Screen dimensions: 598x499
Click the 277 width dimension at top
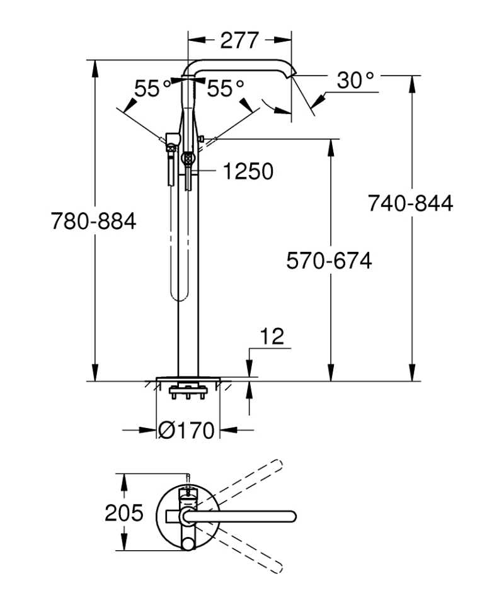(239, 40)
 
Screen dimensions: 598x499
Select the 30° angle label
(355, 81)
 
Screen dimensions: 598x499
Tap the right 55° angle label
(226, 89)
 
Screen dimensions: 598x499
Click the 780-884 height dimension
(93, 222)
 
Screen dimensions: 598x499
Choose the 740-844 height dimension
(410, 203)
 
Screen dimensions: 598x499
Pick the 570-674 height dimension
(329, 260)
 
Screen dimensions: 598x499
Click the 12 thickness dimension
(272, 337)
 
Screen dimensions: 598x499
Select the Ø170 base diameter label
(186, 431)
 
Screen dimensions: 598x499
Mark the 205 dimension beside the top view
(123, 513)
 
